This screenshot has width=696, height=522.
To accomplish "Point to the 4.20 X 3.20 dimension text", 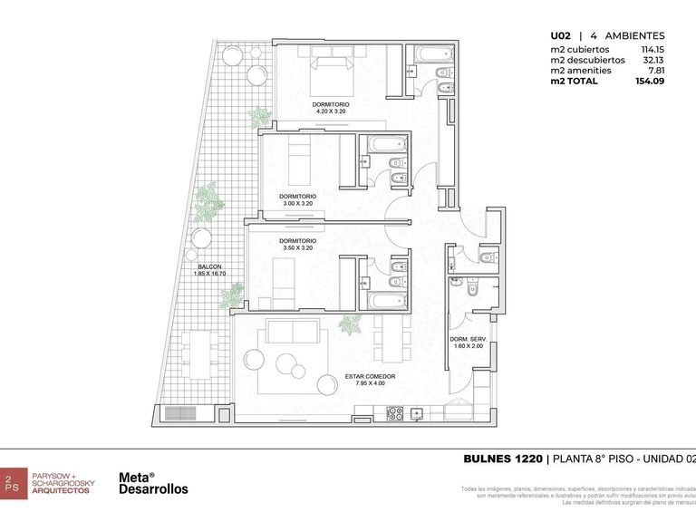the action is [x=331, y=112].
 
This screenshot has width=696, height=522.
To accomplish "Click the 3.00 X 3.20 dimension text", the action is [x=297, y=204].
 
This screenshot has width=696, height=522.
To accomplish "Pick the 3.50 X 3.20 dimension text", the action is [x=297, y=247].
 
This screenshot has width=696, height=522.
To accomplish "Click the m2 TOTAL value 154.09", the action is [x=650, y=82].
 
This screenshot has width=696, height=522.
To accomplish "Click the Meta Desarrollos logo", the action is [x=153, y=483].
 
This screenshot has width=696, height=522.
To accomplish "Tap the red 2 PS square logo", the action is [x=12, y=482].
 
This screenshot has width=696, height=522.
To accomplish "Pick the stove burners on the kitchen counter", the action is [x=396, y=413].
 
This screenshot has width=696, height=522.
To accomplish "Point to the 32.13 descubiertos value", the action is [x=652, y=60].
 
